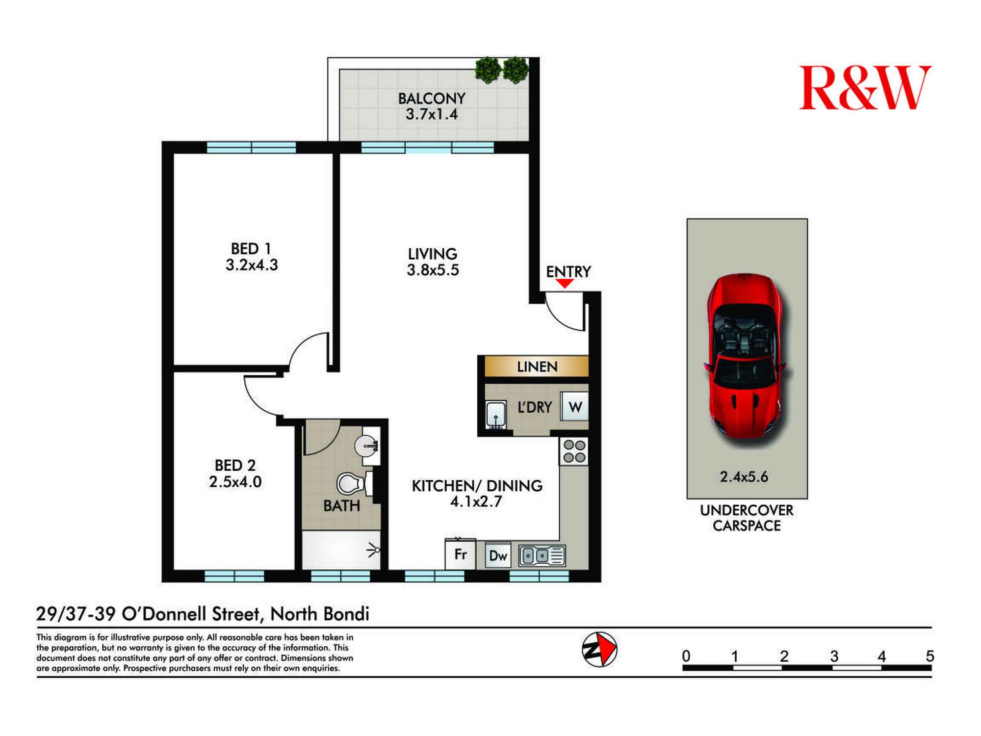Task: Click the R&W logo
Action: pos(865,88)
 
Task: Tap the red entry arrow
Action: pos(565,284)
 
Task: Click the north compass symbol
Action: pos(599,650)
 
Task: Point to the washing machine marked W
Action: pos(574,406)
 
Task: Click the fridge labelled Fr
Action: pos(460,554)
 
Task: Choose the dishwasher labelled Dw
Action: pos(498,555)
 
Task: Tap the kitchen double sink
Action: pos(542,555)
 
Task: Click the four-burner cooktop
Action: pos(574,451)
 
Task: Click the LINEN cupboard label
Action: pos(537,367)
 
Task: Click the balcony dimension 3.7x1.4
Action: pos(432,114)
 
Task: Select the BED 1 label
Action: pos(251,248)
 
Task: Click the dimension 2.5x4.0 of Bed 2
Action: pos(235,481)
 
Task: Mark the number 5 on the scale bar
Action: pos(929,656)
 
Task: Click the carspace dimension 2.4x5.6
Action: pos(744,476)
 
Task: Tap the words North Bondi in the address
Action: pos(320,614)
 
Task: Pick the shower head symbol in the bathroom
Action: pos(374,551)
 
